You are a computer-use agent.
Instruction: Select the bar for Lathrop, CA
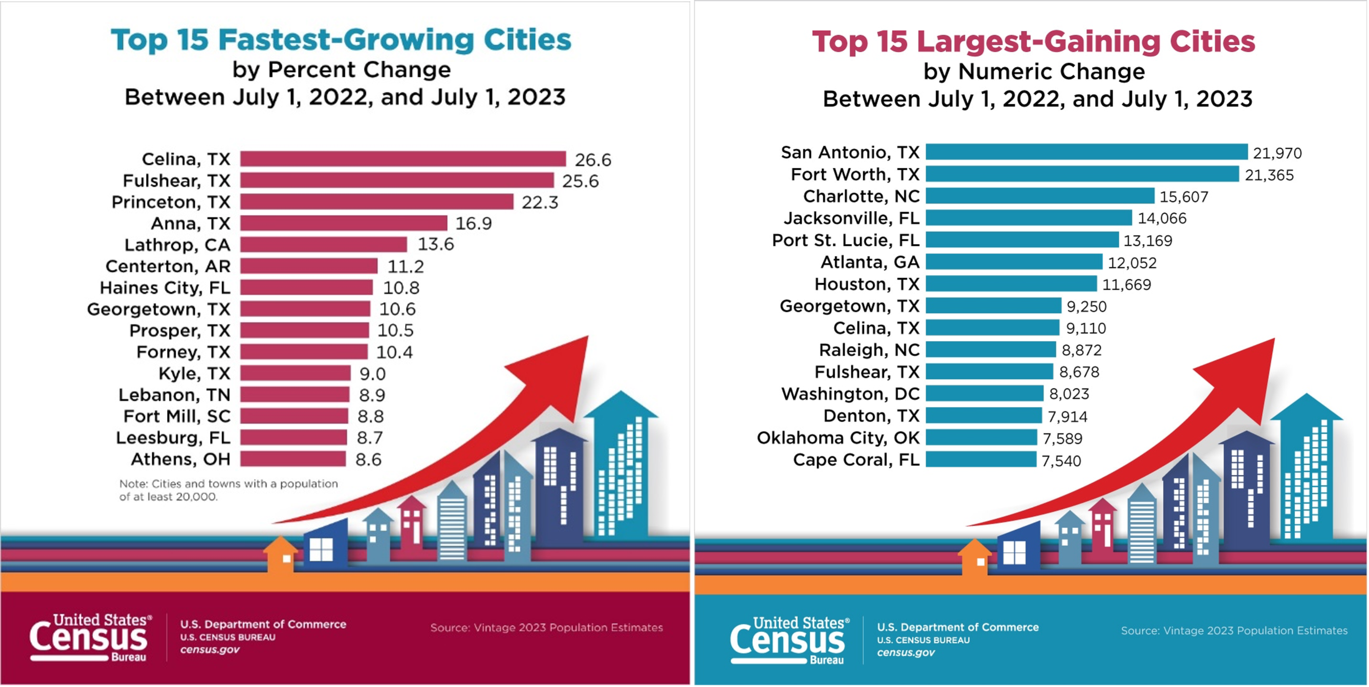pyautogui.click(x=324, y=244)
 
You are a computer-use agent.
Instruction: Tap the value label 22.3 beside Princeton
pyautogui.click(x=540, y=203)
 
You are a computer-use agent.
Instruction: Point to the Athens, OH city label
pyautogui.click(x=181, y=459)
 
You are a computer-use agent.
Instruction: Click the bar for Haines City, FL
pyautogui.click(x=307, y=288)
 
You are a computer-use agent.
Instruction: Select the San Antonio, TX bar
pyautogui.click(x=1086, y=152)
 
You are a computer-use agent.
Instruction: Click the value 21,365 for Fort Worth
pyautogui.click(x=1269, y=175)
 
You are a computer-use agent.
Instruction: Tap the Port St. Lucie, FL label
pyautogui.click(x=845, y=240)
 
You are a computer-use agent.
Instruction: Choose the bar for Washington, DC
pyautogui.click(x=984, y=394)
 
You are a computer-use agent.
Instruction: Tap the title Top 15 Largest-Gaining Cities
pyautogui.click(x=1034, y=41)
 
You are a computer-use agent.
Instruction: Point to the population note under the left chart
pyautogui.click(x=229, y=490)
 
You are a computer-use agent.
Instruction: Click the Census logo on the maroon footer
pyautogui.click(x=91, y=638)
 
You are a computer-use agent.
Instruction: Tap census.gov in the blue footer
pyautogui.click(x=906, y=652)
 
